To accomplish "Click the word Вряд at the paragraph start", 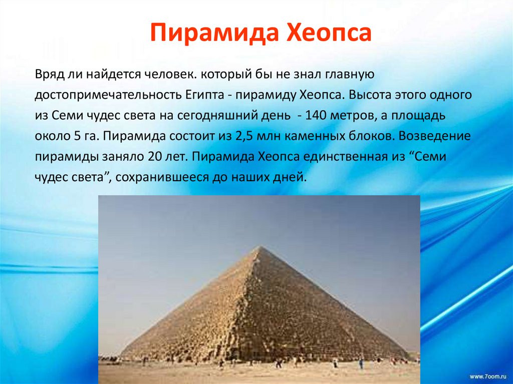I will [48, 75].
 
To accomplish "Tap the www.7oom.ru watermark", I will [489, 375].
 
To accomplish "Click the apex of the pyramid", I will [259, 247].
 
